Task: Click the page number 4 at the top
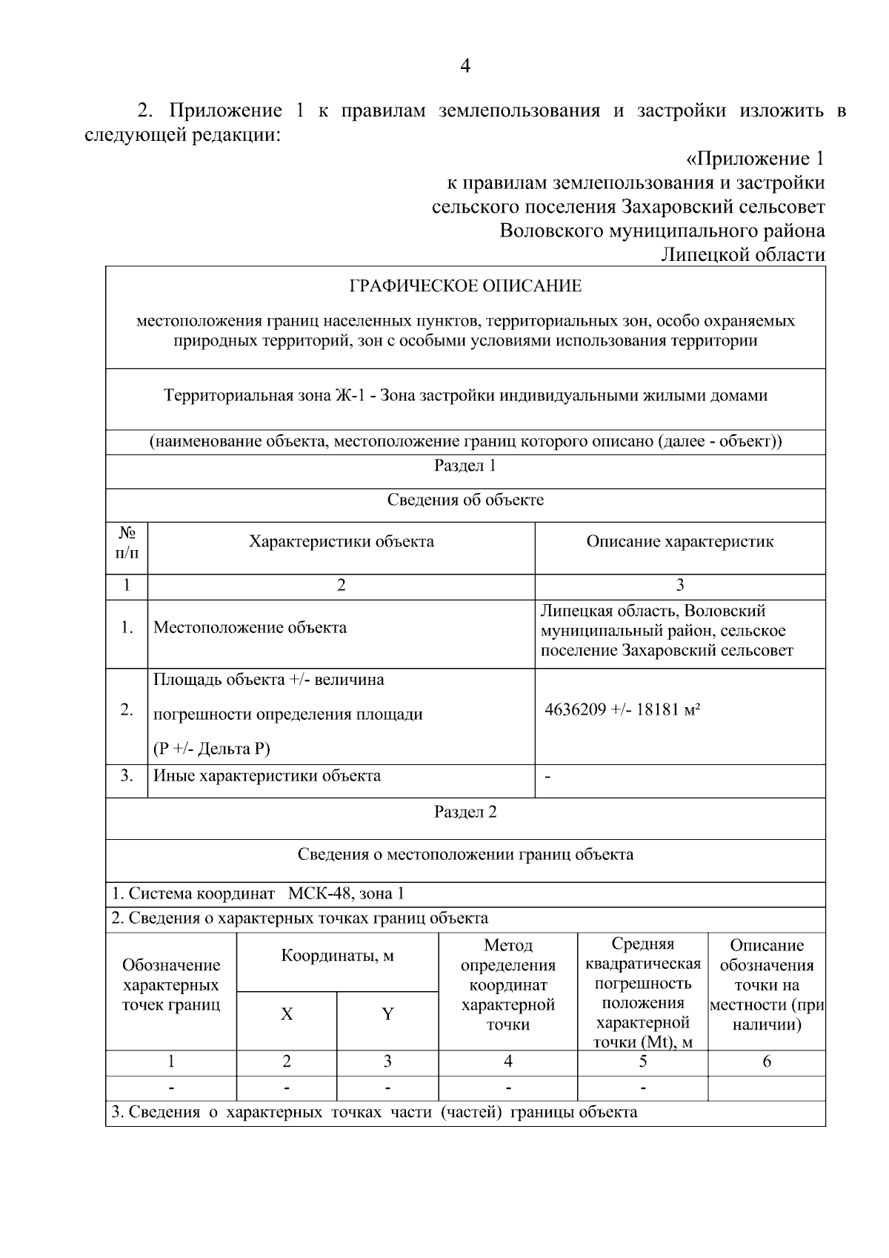tap(465, 67)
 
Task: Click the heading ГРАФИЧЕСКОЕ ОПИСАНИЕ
tap(465, 286)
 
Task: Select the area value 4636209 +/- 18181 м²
tap(622, 709)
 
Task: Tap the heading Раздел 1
tap(465, 466)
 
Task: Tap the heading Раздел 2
tap(465, 812)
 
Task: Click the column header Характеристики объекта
tap(342, 541)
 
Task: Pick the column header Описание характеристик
tap(679, 541)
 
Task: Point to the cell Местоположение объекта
tap(250, 628)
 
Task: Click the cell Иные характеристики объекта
tap(267, 776)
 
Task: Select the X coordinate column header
tap(287, 1014)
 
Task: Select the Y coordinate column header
tap(387, 1014)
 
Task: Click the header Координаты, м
tap(337, 956)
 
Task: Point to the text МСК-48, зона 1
tap(346, 894)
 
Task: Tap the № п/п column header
tap(127, 543)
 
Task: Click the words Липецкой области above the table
tap(742, 255)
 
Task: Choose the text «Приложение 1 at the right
tap(754, 159)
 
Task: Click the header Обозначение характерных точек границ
tap(171, 984)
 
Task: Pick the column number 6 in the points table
tap(766, 1062)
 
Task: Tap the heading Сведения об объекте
tap(465, 500)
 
